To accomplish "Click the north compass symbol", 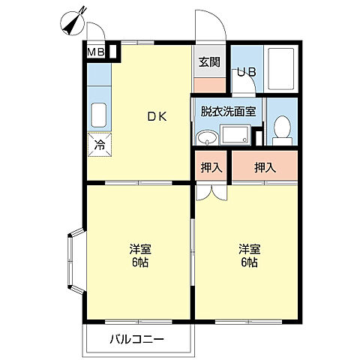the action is [73, 22].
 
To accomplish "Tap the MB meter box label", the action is [96, 52].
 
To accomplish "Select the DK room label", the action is [157, 117].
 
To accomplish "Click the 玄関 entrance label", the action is [210, 62].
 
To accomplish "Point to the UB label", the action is [247, 72].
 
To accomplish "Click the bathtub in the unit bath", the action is [280, 69].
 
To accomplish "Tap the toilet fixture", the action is [282, 130].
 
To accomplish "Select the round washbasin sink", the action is [207, 137].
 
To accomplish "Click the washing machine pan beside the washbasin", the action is [235, 135].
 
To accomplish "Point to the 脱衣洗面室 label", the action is [229, 112].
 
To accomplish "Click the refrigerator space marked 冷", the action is [100, 145].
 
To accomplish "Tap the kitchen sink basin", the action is [99, 115].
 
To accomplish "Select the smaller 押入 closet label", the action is [211, 168].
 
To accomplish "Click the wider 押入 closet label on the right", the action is [265, 168].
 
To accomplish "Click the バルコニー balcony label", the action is [137, 339].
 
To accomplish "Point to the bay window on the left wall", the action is [76, 260].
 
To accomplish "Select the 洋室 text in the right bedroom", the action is [250, 249].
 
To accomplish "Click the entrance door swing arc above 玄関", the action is [218, 18].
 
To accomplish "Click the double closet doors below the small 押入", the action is [211, 193].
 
